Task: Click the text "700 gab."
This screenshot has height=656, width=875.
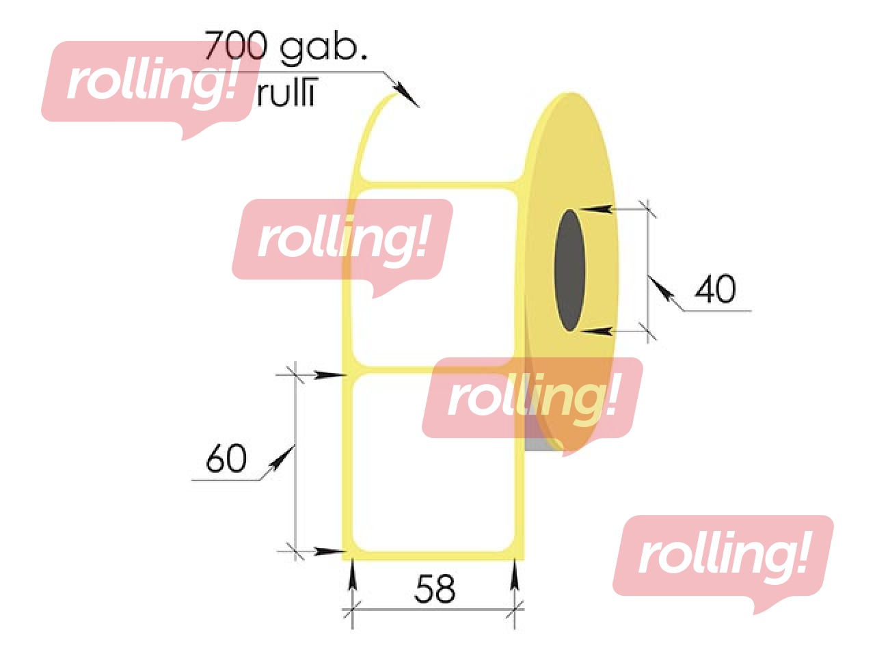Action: pyautogui.click(x=286, y=46)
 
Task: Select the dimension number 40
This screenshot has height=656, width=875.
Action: pyautogui.click(x=715, y=290)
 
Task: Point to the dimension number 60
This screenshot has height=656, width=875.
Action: pyautogui.click(x=226, y=459)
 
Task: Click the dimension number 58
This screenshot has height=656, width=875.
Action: pyautogui.click(x=434, y=588)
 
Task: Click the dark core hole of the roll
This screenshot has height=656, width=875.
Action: pyautogui.click(x=569, y=271)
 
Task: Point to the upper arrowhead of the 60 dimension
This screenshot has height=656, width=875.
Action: pyautogui.click(x=331, y=374)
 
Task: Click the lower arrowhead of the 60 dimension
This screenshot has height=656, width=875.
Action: pyautogui.click(x=331, y=551)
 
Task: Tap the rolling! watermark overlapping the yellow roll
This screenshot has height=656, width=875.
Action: pyautogui.click(x=533, y=399)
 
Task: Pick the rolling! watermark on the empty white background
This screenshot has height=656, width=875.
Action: pyautogui.click(x=723, y=557)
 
